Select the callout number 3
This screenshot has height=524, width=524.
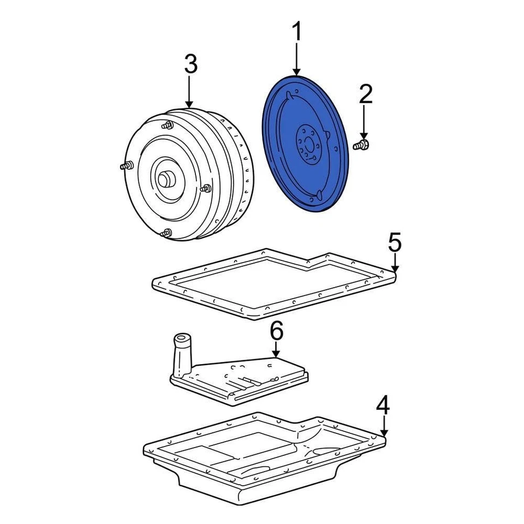click(189, 65)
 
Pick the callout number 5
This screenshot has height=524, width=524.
click(395, 242)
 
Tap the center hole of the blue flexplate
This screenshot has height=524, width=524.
click(309, 146)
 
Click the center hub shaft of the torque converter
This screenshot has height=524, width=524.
click(165, 179)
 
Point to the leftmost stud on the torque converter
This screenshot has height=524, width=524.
click(125, 165)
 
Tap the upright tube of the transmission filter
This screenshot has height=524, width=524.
click(182, 355)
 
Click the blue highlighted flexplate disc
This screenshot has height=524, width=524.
click(284, 164)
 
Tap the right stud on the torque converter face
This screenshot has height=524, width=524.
click(206, 188)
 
